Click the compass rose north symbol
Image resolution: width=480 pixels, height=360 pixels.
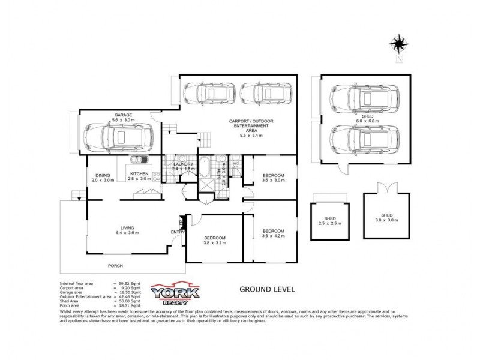click(398, 44)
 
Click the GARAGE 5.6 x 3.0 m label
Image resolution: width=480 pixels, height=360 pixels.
click(124, 118)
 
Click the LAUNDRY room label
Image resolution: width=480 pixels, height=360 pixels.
click(182, 166)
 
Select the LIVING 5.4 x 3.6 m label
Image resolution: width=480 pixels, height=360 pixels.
click(127, 231)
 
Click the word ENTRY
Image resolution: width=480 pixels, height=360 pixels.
click(178, 232)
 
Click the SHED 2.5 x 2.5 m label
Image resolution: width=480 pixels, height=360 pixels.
click(329, 220)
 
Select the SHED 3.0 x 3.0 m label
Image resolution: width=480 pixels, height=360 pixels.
click(386, 218)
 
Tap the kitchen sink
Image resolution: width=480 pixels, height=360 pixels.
click(139, 160)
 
